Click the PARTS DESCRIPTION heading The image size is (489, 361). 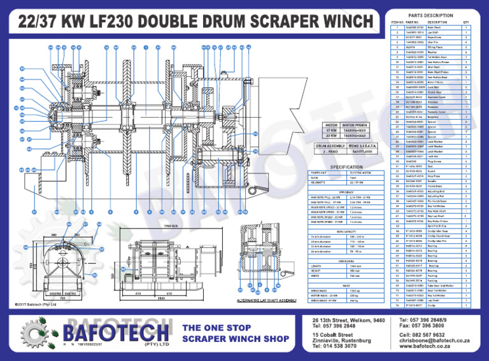point(431,15)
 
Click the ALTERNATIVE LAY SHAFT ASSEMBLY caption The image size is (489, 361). point(267,299)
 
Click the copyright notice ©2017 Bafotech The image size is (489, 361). point(36,304)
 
